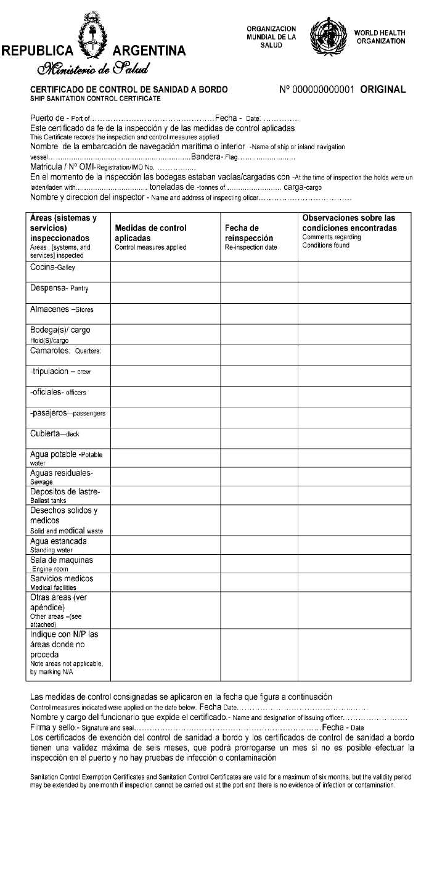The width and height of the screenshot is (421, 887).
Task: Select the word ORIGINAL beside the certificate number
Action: click(x=383, y=89)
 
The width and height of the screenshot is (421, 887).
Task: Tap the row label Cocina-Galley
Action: click(x=53, y=268)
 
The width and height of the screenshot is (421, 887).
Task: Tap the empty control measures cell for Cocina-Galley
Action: click(x=165, y=272)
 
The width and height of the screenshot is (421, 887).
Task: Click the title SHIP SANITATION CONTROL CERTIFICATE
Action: click(x=95, y=99)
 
